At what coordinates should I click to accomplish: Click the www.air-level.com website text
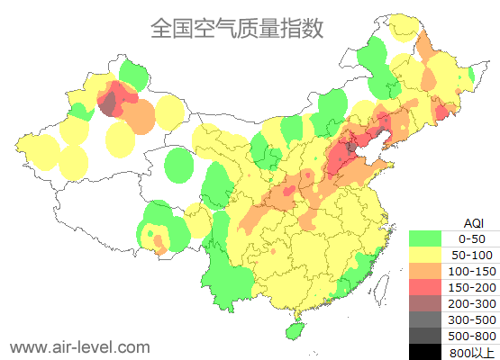tap(79, 346)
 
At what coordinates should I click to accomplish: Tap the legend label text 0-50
tap(472, 238)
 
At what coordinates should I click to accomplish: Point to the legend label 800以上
tap(472, 352)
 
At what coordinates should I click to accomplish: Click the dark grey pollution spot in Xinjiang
tap(108, 107)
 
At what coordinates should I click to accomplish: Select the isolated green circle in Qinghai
tap(180, 166)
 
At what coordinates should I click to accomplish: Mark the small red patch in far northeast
tap(441, 112)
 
